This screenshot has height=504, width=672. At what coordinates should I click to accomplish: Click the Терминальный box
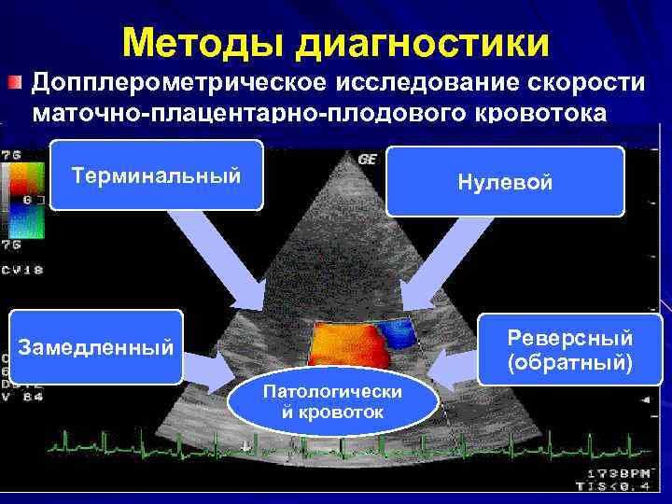point(157,175)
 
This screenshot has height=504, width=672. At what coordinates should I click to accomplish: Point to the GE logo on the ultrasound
point(368,160)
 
